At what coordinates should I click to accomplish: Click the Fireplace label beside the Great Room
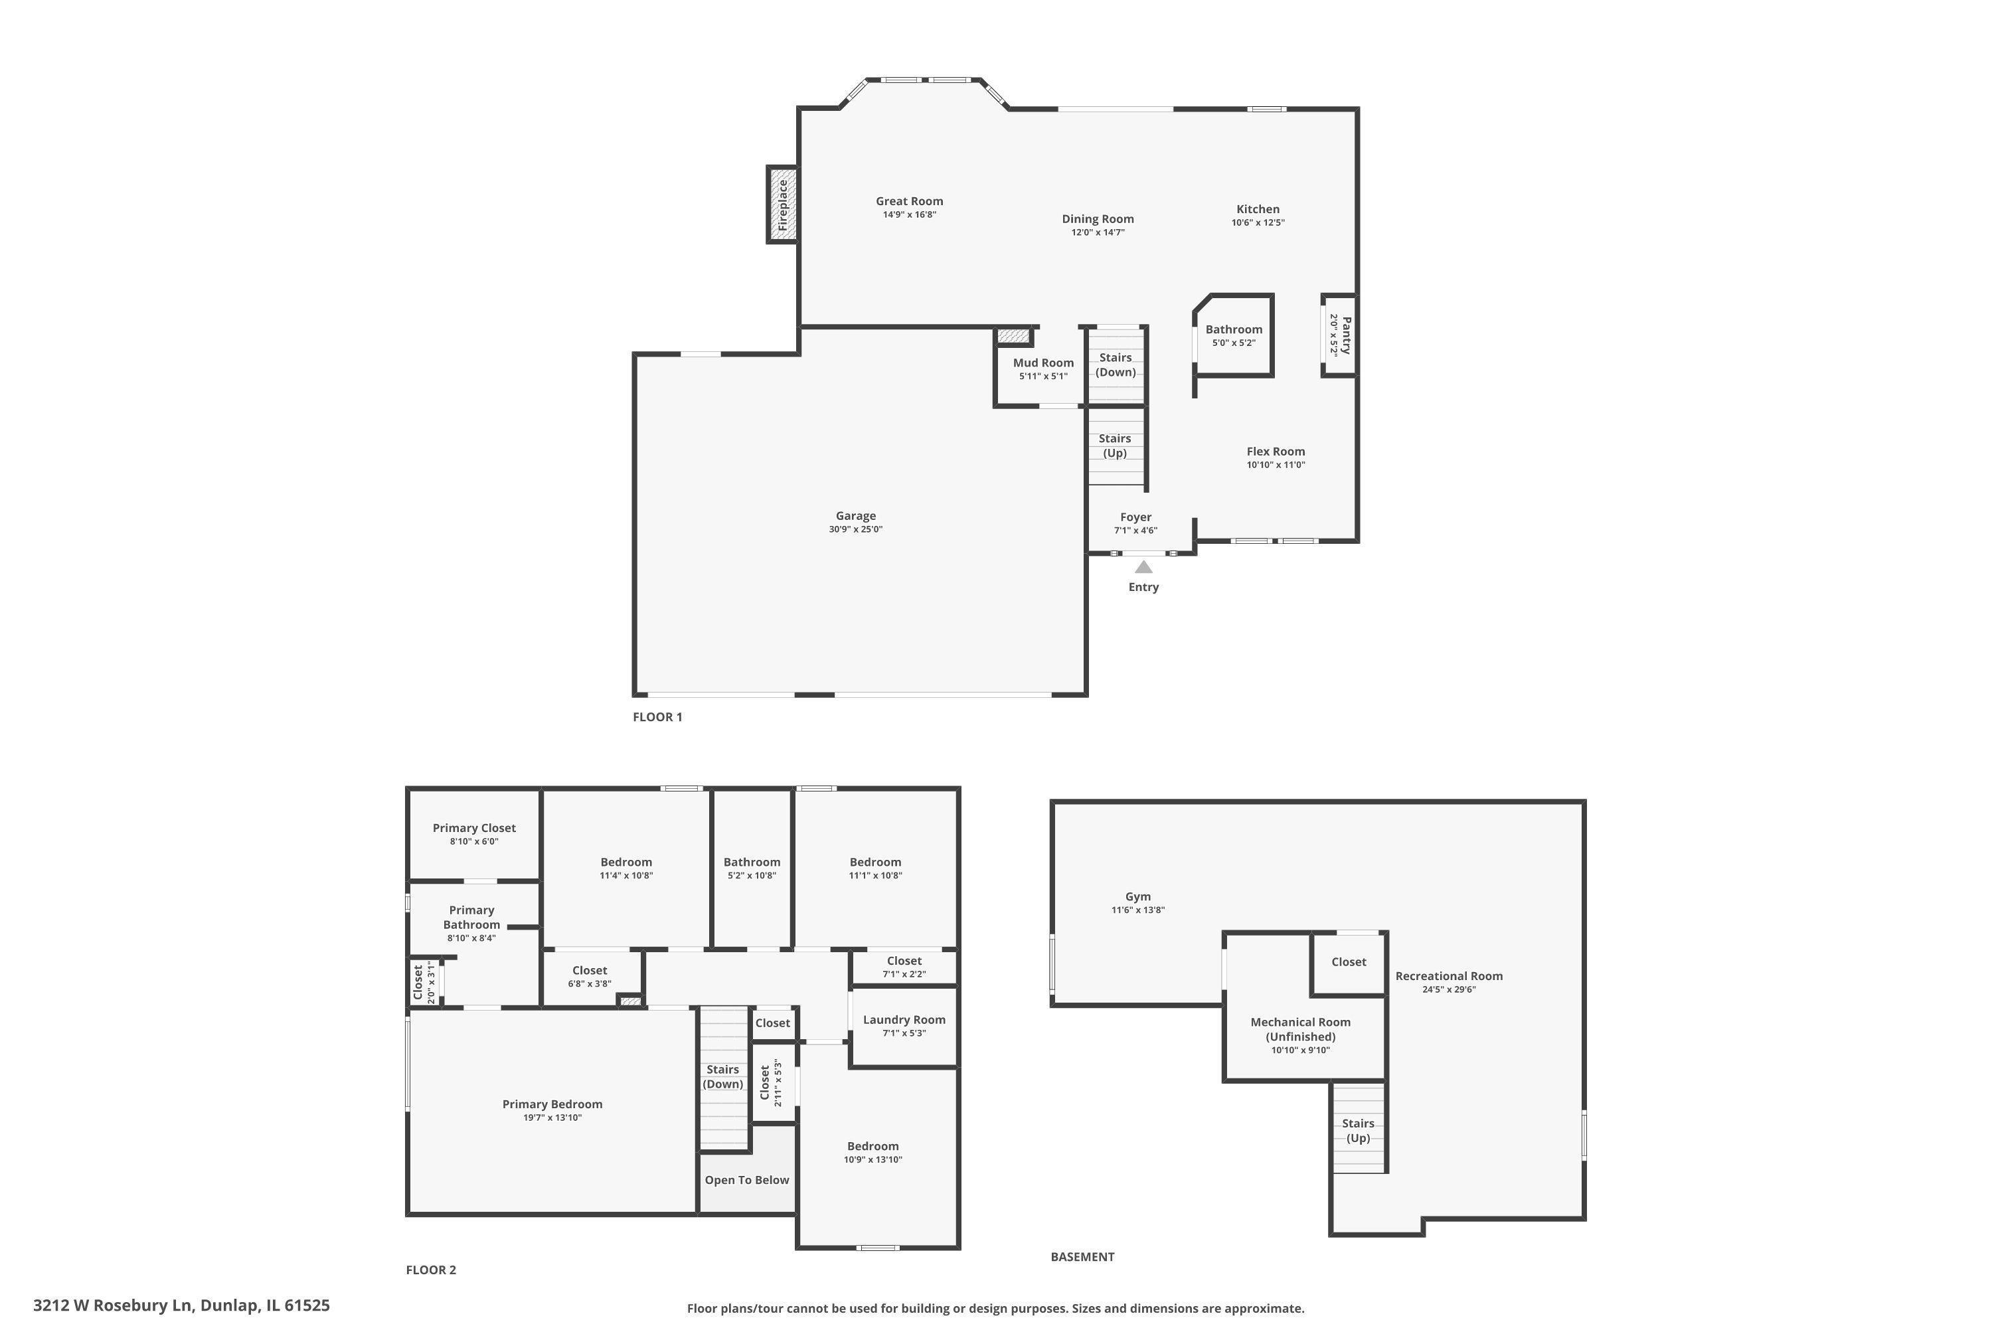(783, 205)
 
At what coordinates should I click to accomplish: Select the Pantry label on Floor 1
(1346, 335)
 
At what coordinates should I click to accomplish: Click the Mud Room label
(1043, 363)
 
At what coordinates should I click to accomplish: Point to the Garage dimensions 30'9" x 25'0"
(855, 529)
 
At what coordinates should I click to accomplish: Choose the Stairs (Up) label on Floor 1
(1115, 446)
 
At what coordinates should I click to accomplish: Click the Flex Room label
(1276, 452)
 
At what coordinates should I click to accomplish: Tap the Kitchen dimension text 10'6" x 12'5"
(1258, 222)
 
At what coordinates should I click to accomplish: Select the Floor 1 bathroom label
(1234, 329)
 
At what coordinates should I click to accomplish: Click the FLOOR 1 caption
(657, 716)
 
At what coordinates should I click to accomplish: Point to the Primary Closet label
(474, 828)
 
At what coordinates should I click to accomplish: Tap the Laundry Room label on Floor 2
(904, 1020)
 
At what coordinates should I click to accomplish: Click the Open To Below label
(747, 1180)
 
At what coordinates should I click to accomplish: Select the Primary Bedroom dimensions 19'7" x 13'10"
(552, 1118)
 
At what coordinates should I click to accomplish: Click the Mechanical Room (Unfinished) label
(1301, 1029)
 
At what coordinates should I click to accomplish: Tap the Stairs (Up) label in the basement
(1359, 1131)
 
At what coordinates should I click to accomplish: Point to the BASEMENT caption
(1082, 1257)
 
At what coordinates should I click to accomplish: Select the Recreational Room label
(1449, 975)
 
